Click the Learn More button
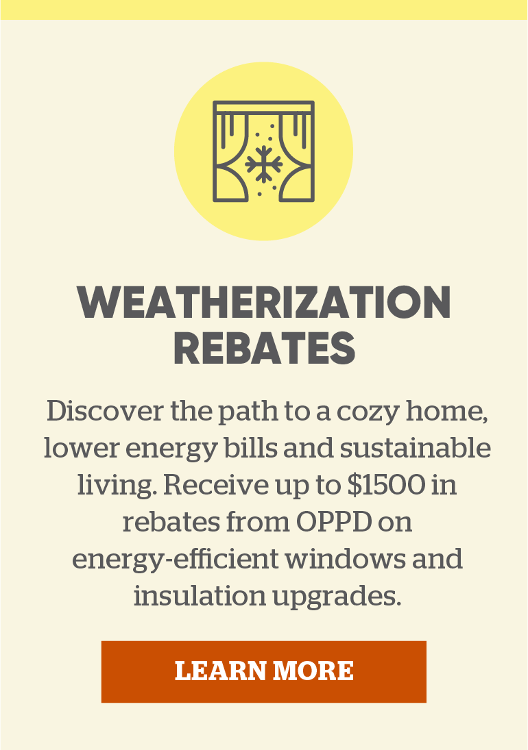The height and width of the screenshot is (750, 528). [264, 671]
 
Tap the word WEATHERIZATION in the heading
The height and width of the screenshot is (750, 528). [264, 302]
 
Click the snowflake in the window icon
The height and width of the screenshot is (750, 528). [263, 162]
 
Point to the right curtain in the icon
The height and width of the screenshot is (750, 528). [296, 161]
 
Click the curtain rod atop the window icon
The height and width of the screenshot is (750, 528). [263, 108]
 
